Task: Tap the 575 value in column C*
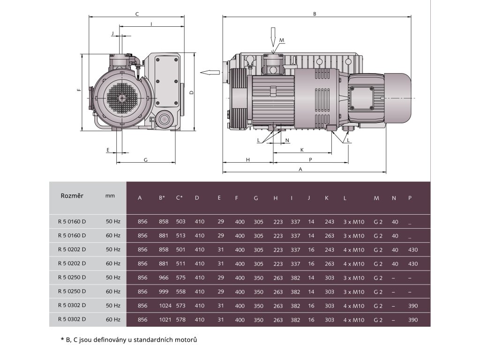(180, 277)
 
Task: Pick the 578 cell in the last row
(180, 320)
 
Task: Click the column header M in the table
(376, 198)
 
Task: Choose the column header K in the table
(326, 198)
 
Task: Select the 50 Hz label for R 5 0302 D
(113, 306)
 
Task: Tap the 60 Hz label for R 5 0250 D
(113, 292)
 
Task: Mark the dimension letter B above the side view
(315, 14)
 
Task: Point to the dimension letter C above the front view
(136, 14)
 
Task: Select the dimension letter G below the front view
(146, 160)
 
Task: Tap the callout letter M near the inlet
(282, 41)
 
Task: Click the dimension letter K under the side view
(302, 150)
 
